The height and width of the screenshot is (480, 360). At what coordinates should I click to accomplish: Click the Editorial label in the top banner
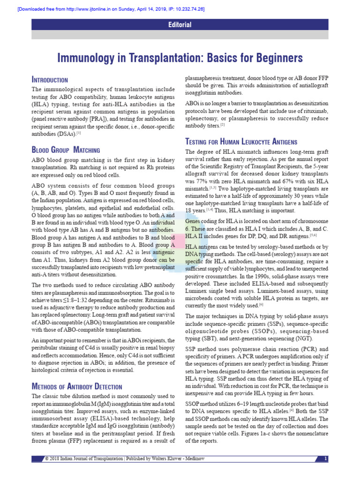coord(180,25)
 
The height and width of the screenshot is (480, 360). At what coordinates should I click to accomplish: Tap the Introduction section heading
coord(50,80)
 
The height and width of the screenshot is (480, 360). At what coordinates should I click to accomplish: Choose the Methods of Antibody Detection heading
coord(76,386)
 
